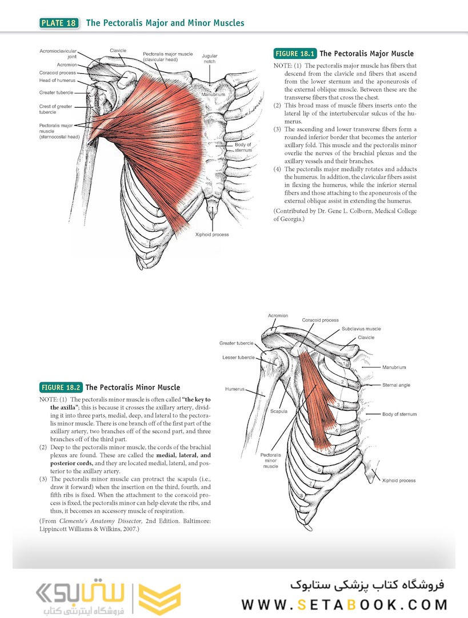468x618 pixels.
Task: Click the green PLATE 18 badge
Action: click(59, 23)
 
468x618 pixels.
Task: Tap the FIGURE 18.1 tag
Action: click(295, 54)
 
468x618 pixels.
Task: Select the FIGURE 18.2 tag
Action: click(61, 387)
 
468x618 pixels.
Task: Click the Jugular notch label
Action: click(209, 59)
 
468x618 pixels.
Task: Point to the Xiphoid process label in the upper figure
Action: click(212, 235)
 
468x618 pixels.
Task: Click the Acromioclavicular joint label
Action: click(58, 54)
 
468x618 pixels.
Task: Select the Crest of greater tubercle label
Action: click(55, 109)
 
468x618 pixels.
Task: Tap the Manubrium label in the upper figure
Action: click(213, 94)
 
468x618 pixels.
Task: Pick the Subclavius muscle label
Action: click(361, 328)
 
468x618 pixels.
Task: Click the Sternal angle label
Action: click(396, 385)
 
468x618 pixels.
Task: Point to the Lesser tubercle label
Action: click(238, 358)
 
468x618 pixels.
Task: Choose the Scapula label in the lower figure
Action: click(279, 411)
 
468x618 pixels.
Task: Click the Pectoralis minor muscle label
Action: click(270, 460)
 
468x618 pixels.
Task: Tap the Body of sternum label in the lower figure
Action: click(399, 414)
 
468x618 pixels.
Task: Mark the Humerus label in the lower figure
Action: click(235, 389)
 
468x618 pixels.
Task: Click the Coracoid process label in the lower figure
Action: click(320, 320)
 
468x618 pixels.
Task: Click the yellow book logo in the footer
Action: click(160, 599)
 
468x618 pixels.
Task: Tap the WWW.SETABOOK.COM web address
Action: click(345, 605)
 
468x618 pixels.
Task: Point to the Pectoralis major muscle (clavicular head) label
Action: click(167, 57)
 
